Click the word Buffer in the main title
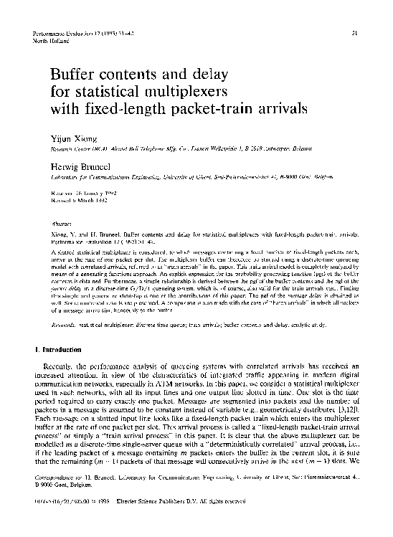(77, 74)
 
